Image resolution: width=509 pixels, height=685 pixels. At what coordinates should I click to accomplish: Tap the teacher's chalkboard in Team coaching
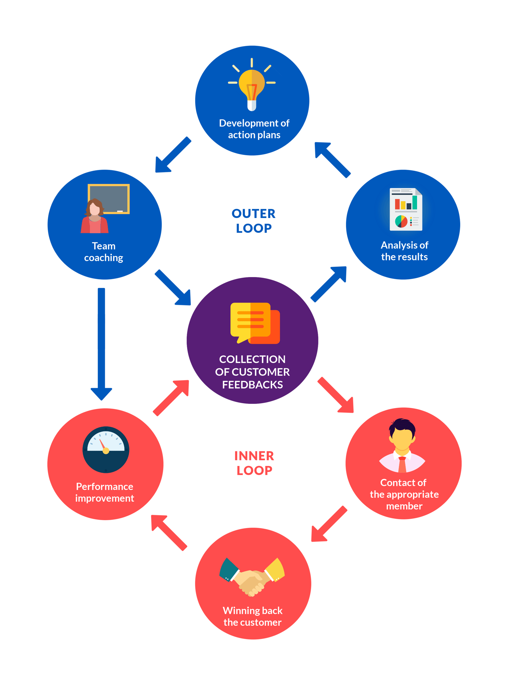click(112, 198)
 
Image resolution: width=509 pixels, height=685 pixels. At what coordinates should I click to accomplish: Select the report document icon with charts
click(406, 209)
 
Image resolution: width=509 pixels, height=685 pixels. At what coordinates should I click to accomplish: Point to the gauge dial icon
click(106, 449)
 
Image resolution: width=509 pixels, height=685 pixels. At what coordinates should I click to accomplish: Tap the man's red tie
click(402, 465)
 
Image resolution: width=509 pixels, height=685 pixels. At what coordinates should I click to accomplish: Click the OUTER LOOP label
click(253, 221)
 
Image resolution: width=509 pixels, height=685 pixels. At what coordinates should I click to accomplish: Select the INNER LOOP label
click(254, 463)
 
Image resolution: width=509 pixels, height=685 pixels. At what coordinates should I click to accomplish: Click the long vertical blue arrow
click(101, 342)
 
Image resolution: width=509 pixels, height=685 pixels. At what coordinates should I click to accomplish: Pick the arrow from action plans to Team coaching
click(173, 155)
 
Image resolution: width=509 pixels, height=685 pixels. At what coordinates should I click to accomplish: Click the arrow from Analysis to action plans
click(332, 159)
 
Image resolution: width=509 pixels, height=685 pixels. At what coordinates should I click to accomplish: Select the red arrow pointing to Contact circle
click(336, 395)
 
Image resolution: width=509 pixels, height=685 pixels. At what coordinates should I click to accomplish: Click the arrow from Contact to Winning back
click(329, 524)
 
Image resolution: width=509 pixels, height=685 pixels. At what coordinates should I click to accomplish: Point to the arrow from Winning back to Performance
click(169, 532)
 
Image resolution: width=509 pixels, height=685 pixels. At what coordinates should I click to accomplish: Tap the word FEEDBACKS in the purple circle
click(252, 385)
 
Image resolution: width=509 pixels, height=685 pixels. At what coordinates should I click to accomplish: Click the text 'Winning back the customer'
click(252, 616)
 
